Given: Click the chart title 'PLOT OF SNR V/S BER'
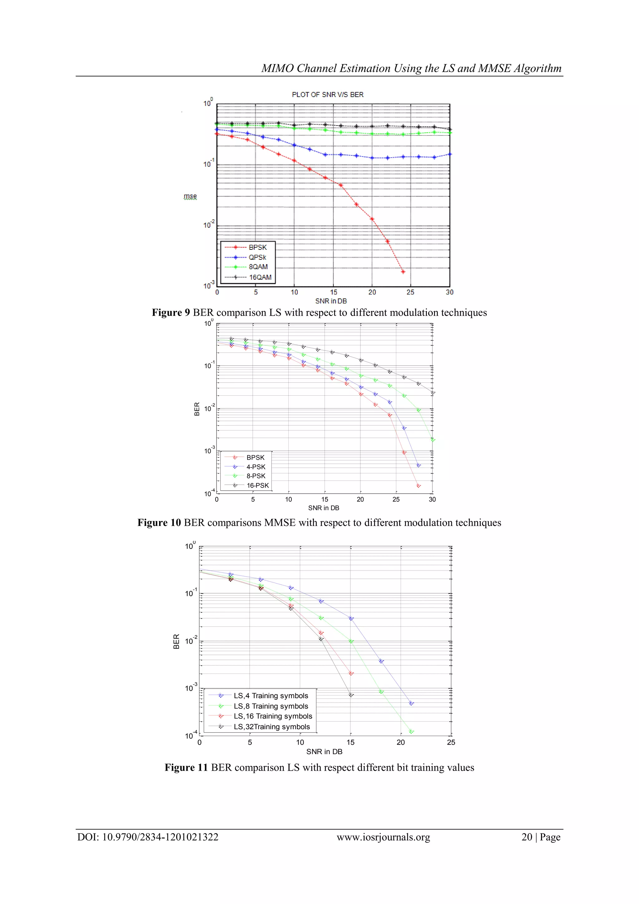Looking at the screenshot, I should (327, 95).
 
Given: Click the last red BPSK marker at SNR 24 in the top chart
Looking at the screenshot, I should (403, 272).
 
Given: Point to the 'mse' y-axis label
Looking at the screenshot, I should (190, 196).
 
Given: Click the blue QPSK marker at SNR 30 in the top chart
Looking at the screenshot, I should (450, 154).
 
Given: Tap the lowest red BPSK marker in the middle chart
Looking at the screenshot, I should (418, 486).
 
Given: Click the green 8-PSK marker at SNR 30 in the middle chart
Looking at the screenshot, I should (432, 440).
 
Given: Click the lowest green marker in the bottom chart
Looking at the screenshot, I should (411, 732).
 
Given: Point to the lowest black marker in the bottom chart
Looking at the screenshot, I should (351, 695).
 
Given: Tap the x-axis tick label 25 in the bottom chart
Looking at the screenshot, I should (451, 742).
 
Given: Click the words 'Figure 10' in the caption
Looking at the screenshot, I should (159, 522).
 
